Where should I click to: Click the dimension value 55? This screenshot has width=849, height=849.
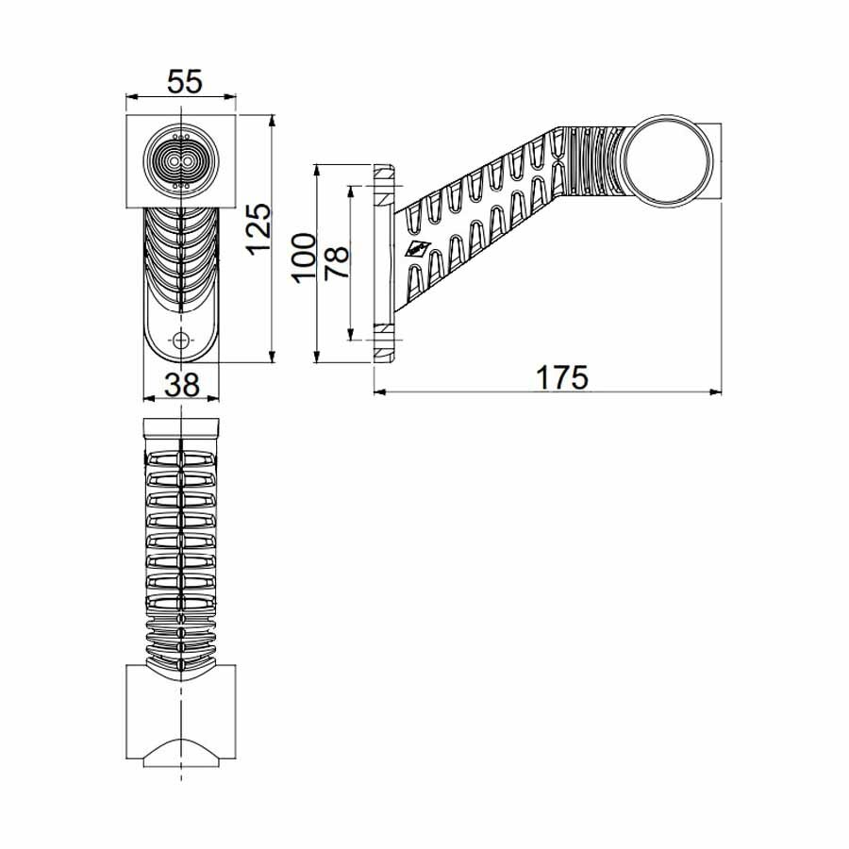point(184,82)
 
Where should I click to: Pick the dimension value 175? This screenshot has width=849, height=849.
point(562,376)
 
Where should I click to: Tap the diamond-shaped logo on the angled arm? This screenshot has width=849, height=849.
point(416,251)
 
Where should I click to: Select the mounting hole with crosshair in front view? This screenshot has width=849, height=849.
point(181,340)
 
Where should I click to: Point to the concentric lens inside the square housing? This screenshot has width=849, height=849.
point(180,160)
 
